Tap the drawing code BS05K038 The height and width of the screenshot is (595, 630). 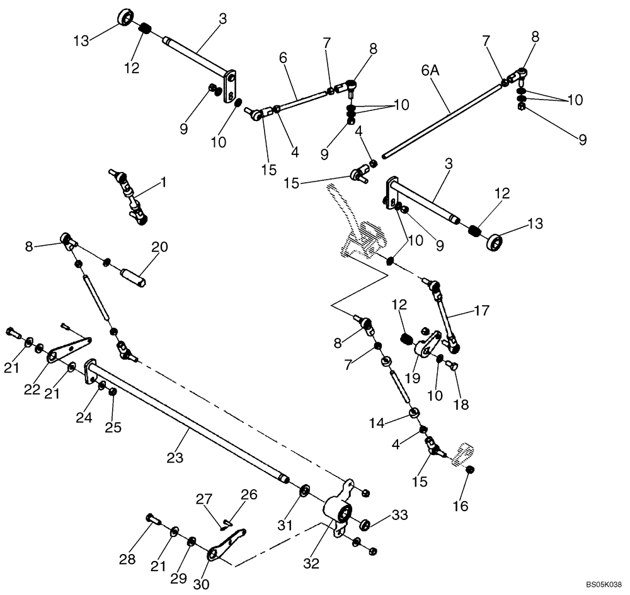point(603,585)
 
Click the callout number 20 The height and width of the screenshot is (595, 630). point(159,248)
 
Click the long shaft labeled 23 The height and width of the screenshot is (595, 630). point(189,422)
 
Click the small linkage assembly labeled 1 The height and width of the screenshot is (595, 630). point(131,197)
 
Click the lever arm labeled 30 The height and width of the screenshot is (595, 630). point(226,546)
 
